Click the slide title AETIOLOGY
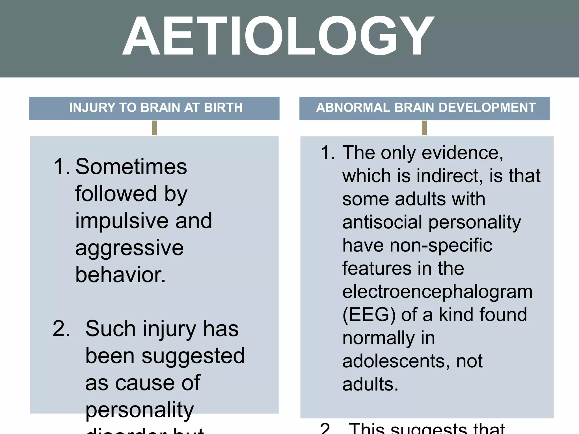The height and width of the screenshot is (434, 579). tap(278, 36)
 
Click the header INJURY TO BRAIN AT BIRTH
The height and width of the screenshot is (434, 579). tap(156, 108)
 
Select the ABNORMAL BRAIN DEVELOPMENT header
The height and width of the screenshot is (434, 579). tap(426, 108)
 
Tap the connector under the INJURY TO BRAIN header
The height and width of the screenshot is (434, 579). tap(154, 128)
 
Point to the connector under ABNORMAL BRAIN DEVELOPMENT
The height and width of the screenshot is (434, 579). tap(424, 128)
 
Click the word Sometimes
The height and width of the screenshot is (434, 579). tap(131, 167)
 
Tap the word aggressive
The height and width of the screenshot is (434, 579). tap(129, 248)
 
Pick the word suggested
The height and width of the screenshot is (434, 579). tap(193, 356)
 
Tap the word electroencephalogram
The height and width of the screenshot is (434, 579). tap(437, 292)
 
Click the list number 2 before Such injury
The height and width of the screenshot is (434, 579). tap(61, 329)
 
